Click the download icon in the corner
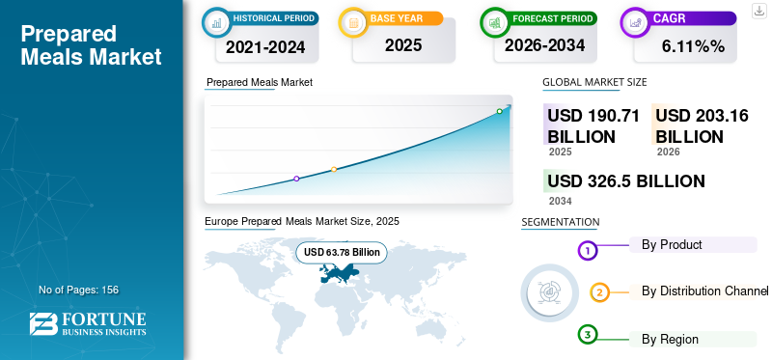[x=759, y=11]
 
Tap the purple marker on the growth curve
[x=296, y=179]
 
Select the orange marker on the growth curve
[x=334, y=170]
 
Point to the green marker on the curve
[x=499, y=111]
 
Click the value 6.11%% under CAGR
[x=693, y=46]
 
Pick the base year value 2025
[x=403, y=45]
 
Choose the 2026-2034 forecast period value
[x=544, y=45]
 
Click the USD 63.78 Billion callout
[x=342, y=252]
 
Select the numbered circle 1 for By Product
[x=587, y=251]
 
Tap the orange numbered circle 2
[x=599, y=292]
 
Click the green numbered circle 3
[x=587, y=335]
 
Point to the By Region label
[x=670, y=340]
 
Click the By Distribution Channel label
[x=704, y=291]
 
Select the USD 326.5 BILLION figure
[x=626, y=181]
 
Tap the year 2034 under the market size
[x=561, y=201]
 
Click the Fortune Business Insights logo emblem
[x=43, y=323]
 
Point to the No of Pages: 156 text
[x=79, y=290]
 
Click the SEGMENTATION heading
[x=561, y=222]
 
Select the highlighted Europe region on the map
[x=339, y=273]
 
